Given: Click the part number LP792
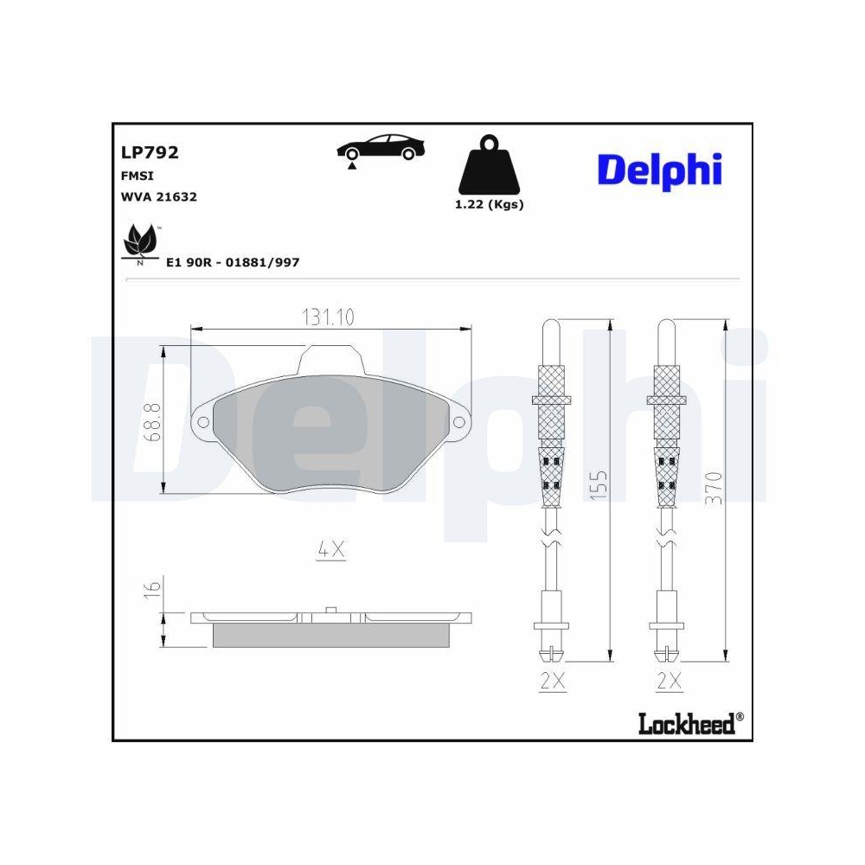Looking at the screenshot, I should pos(150,153).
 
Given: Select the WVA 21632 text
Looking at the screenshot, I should pos(160,196).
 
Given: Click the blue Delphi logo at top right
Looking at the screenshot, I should pos(659,169).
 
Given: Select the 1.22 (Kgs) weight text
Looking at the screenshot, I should pos(490,205).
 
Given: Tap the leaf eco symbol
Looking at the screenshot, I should pos(139,241).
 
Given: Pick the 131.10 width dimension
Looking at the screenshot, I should pos(328,317).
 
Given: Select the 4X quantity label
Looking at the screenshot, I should pos(331,548).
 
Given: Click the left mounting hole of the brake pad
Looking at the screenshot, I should pos(204,422).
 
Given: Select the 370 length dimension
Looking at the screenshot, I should pos(713,489).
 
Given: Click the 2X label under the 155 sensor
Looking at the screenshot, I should pos(552,682).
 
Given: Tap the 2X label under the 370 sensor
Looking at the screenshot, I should pos(668,682).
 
